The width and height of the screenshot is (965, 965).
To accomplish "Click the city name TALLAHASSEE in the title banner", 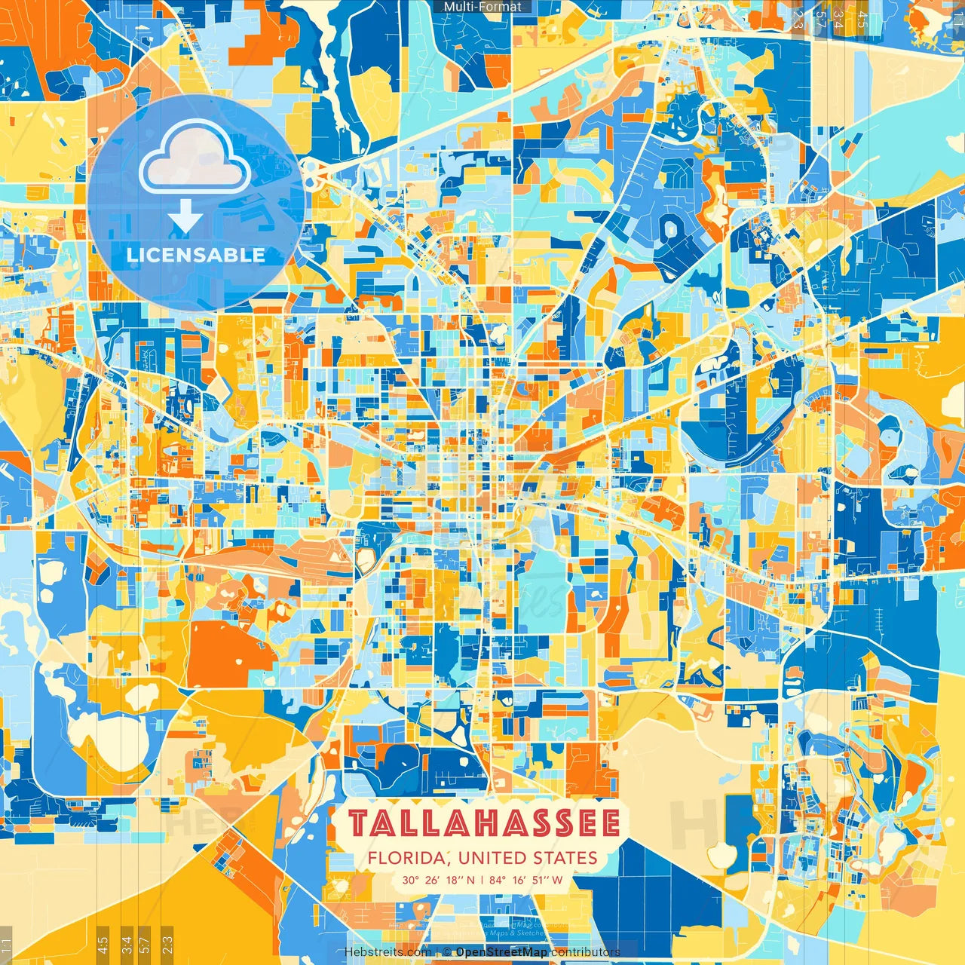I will [x=484, y=823].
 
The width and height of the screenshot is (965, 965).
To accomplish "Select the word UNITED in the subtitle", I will [x=493, y=858].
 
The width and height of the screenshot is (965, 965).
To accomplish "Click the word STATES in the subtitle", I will [x=565, y=858].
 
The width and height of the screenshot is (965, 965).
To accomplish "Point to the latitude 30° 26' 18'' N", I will [x=439, y=880].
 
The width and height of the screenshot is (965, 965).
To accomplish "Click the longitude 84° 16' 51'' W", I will [x=525, y=880].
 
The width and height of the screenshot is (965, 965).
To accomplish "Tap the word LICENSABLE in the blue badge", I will [x=196, y=255].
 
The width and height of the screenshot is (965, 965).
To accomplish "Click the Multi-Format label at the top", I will [x=482, y=7].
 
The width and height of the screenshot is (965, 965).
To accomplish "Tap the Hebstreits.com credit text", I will [x=388, y=952].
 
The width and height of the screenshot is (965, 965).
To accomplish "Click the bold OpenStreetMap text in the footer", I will [x=501, y=952].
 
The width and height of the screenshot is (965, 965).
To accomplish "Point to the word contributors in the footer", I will [x=585, y=952].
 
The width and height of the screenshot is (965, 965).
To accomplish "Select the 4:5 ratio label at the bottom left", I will [x=103, y=943].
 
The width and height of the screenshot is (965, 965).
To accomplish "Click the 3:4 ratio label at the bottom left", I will [x=127, y=943].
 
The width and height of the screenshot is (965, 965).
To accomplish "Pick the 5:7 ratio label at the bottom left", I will [x=145, y=943].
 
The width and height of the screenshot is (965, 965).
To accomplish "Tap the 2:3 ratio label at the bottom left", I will [x=167, y=943].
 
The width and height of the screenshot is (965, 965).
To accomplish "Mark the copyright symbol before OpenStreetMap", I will [x=446, y=952].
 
